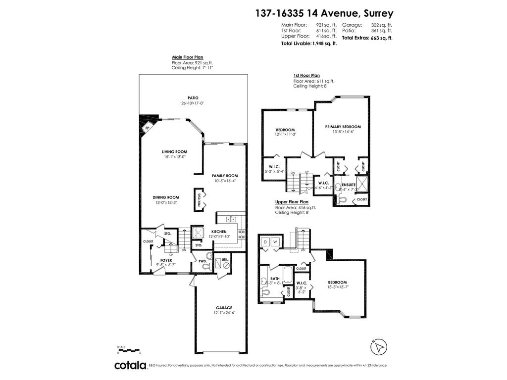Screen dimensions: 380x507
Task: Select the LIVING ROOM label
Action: [x=174, y=152]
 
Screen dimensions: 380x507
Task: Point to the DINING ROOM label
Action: [x=165, y=197]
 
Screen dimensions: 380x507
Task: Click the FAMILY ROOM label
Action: [x=225, y=176]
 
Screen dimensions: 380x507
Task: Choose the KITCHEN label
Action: [x=219, y=232]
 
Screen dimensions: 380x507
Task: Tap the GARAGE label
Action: [x=224, y=307]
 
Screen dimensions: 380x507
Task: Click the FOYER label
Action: [x=166, y=259]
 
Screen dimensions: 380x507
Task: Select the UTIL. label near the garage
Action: [x=224, y=259]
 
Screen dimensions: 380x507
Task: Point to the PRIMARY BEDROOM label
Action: [x=343, y=127]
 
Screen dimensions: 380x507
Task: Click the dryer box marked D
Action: [x=265, y=241]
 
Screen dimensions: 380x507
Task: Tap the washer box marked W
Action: [x=275, y=241]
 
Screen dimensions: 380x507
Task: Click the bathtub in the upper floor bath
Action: [x=288, y=273]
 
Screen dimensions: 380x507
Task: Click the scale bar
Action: [x=129, y=350]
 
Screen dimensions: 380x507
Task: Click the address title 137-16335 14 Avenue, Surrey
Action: [x=324, y=13]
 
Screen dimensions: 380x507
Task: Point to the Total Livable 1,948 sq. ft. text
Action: [x=309, y=44]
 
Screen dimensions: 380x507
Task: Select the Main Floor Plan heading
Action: [x=187, y=57]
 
